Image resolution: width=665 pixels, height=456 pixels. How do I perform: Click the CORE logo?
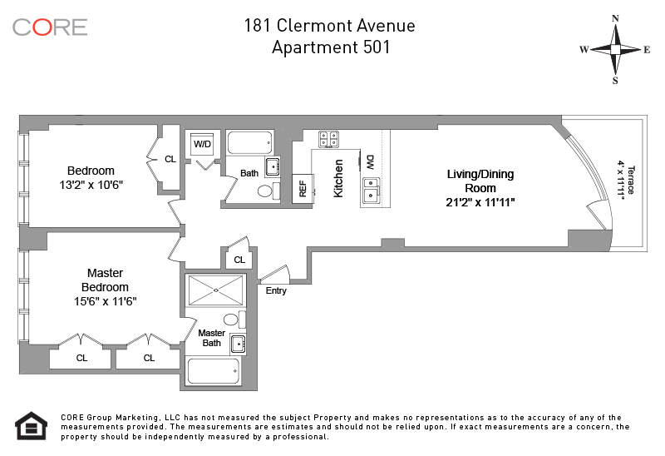[50, 27]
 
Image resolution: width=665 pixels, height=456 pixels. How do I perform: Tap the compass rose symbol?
[615, 50]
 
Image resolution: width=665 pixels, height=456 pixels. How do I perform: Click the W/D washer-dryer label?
[203, 144]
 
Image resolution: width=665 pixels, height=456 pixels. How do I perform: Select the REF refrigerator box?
[303, 189]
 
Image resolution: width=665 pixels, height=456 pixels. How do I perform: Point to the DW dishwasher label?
[370, 161]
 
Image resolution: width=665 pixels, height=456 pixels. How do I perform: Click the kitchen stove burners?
[328, 138]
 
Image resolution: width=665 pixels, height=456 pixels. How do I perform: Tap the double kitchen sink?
[372, 191]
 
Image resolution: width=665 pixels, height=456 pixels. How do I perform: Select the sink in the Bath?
[272, 166]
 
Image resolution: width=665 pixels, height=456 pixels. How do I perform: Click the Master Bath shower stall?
[215, 290]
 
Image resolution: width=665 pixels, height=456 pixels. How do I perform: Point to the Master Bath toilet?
[231, 320]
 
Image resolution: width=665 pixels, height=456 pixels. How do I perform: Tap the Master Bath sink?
[238, 344]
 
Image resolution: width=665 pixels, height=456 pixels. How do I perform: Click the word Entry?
[276, 290]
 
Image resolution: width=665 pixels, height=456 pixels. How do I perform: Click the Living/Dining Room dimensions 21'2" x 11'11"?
[481, 202]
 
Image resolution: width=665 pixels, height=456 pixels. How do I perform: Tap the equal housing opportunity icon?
[29, 424]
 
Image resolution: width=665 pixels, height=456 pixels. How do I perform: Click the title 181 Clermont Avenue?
[329, 25]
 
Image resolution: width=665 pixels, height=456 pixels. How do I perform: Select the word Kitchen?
[338, 178]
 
